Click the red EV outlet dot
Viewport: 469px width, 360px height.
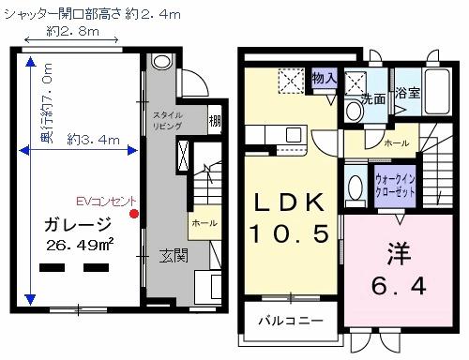click(x=135, y=214)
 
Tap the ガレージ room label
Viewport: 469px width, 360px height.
click(x=78, y=225)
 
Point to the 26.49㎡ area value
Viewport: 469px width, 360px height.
click(x=80, y=246)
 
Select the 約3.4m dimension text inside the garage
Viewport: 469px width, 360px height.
click(x=95, y=140)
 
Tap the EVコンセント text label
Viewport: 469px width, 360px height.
click(x=107, y=201)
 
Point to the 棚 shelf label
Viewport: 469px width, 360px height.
click(x=216, y=120)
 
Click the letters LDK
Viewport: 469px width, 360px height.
click(x=288, y=202)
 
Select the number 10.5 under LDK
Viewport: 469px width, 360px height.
click(x=288, y=231)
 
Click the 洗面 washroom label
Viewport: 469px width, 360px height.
click(x=373, y=97)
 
